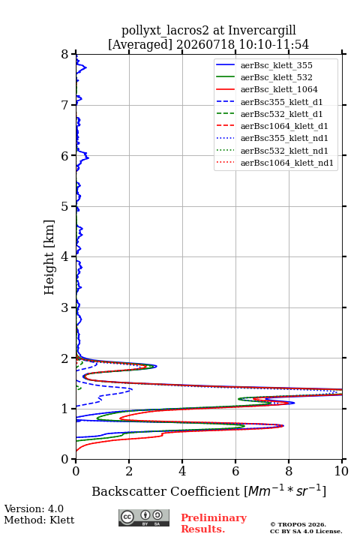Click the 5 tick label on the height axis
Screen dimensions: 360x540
click(64, 207)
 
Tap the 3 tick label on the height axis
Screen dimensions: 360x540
click(64, 307)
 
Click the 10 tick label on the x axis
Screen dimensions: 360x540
click(341, 471)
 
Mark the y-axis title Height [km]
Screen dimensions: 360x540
click(49, 257)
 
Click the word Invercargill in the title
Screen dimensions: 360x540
click(262, 30)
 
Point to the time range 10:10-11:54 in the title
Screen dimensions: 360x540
click(274, 45)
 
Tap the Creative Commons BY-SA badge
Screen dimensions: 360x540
click(144, 517)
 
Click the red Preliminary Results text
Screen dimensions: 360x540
click(214, 523)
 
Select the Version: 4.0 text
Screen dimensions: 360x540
click(34, 508)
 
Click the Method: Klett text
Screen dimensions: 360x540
click(39, 520)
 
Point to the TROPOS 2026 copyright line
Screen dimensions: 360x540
click(298, 524)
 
